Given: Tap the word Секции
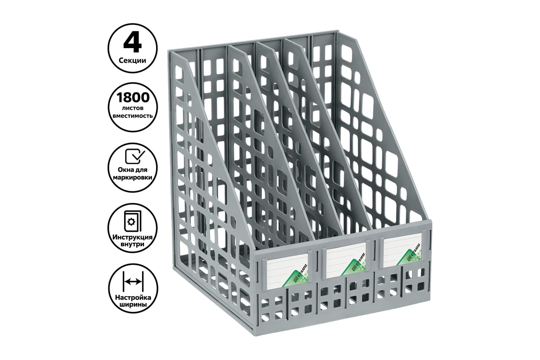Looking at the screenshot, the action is click(x=132, y=60).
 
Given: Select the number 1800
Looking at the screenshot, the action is click(x=133, y=98).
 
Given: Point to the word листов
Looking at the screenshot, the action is click(x=132, y=108).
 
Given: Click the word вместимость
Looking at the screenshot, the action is click(x=133, y=116).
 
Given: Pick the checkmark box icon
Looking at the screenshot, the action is click(x=135, y=156).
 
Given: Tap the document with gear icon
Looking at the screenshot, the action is click(x=133, y=221).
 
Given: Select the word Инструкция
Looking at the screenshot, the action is click(x=133, y=237).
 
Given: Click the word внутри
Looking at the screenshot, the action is click(x=133, y=244).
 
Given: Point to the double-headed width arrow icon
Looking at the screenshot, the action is click(x=133, y=281).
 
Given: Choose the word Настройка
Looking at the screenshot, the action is click(x=133, y=297).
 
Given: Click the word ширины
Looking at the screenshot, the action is click(x=133, y=305).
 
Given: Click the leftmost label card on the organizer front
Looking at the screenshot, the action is click(x=287, y=271).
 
